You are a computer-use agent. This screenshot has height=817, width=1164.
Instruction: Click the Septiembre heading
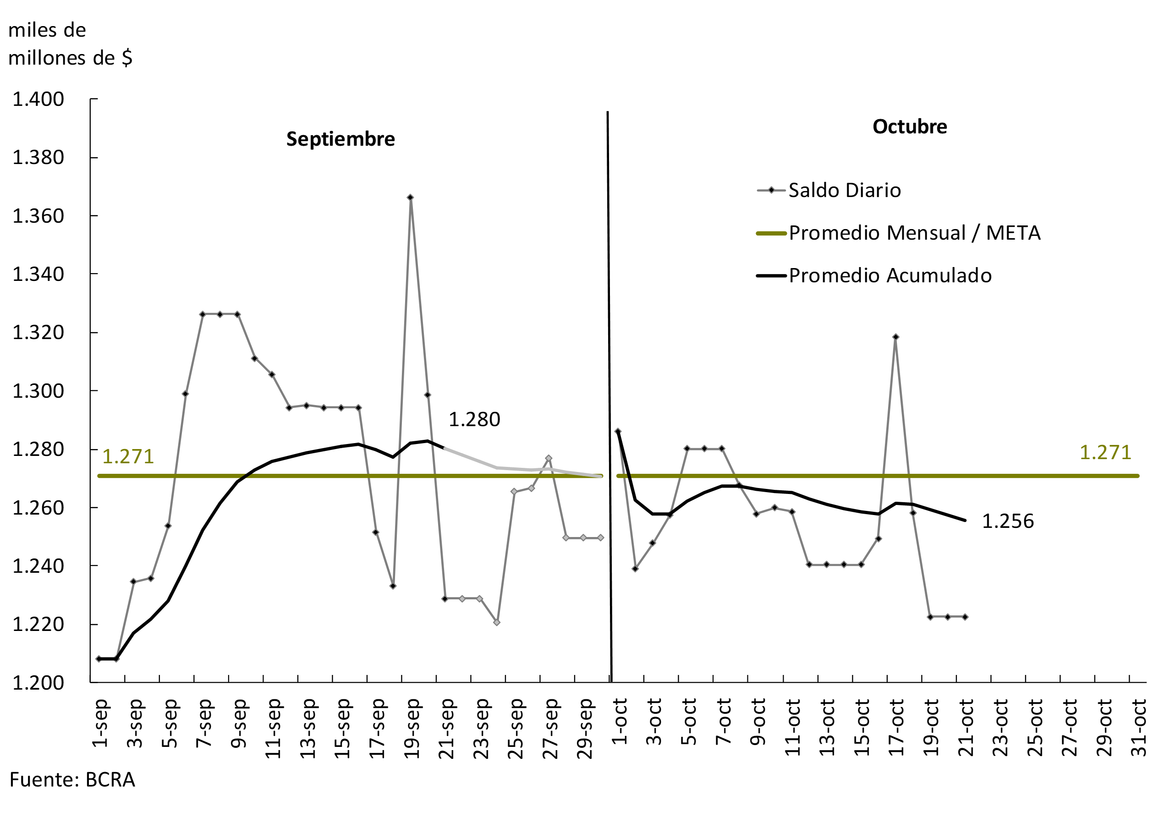point(340,139)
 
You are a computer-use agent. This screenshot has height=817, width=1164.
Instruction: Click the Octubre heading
point(909,126)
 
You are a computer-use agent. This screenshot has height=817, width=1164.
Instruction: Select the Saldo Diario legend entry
point(844,191)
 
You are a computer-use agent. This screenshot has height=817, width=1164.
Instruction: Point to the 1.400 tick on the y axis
point(38,99)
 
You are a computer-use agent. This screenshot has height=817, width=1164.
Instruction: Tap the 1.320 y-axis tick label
point(38,333)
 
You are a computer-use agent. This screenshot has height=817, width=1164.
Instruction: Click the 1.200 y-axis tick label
point(38,683)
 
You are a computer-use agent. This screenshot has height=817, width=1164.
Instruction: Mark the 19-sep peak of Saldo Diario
point(410,197)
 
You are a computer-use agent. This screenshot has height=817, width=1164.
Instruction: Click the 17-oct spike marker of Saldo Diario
point(895,336)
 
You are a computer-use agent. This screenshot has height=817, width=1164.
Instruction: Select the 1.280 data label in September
point(474,420)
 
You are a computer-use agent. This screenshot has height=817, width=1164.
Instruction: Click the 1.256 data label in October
point(1007,521)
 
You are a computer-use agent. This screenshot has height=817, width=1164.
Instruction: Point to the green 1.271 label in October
point(1105,453)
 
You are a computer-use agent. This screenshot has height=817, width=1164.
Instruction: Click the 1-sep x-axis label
point(101,723)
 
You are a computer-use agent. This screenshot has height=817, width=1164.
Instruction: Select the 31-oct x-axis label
point(1139,727)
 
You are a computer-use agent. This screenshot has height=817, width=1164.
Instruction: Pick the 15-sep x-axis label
point(343,728)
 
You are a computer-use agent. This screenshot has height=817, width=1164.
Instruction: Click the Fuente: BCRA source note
point(72,779)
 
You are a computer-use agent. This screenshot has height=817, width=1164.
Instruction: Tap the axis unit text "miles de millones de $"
point(70,44)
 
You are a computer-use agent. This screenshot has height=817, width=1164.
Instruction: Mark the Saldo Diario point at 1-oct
point(617,431)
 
